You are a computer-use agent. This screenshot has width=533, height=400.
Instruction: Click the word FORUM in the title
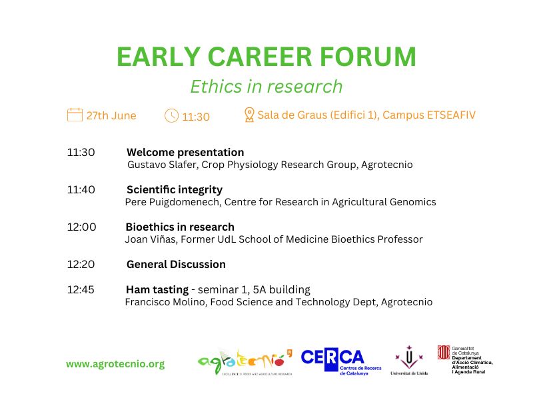(x=368, y=57)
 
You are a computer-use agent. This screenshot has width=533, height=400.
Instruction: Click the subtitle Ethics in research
(x=266, y=87)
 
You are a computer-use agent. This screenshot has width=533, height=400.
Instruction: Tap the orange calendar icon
(x=75, y=115)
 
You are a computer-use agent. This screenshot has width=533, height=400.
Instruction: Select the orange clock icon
(x=171, y=115)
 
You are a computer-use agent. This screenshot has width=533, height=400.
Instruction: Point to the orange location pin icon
(x=249, y=115)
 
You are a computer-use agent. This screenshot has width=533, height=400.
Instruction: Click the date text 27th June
(x=111, y=115)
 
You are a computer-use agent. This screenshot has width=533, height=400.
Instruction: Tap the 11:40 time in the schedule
(x=81, y=189)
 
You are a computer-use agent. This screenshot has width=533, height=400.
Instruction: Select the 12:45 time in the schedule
(x=81, y=289)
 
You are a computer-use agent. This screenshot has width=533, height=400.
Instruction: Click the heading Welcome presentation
(x=185, y=152)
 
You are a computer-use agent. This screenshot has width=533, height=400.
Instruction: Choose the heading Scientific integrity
(x=175, y=189)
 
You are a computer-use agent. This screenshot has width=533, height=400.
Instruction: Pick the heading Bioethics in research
(x=180, y=227)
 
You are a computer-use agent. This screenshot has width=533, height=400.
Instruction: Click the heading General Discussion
(x=176, y=264)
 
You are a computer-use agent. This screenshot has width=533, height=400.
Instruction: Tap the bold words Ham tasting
(x=157, y=290)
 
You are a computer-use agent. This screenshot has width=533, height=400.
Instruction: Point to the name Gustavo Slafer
(x=162, y=165)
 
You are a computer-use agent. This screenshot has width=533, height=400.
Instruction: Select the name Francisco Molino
(x=166, y=302)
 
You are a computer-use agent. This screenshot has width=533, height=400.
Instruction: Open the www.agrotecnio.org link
(x=115, y=364)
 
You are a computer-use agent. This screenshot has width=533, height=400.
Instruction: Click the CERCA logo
(x=340, y=361)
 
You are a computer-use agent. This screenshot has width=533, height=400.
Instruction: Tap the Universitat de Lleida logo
(x=409, y=361)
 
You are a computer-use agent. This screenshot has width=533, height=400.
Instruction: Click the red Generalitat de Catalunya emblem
(x=444, y=353)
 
